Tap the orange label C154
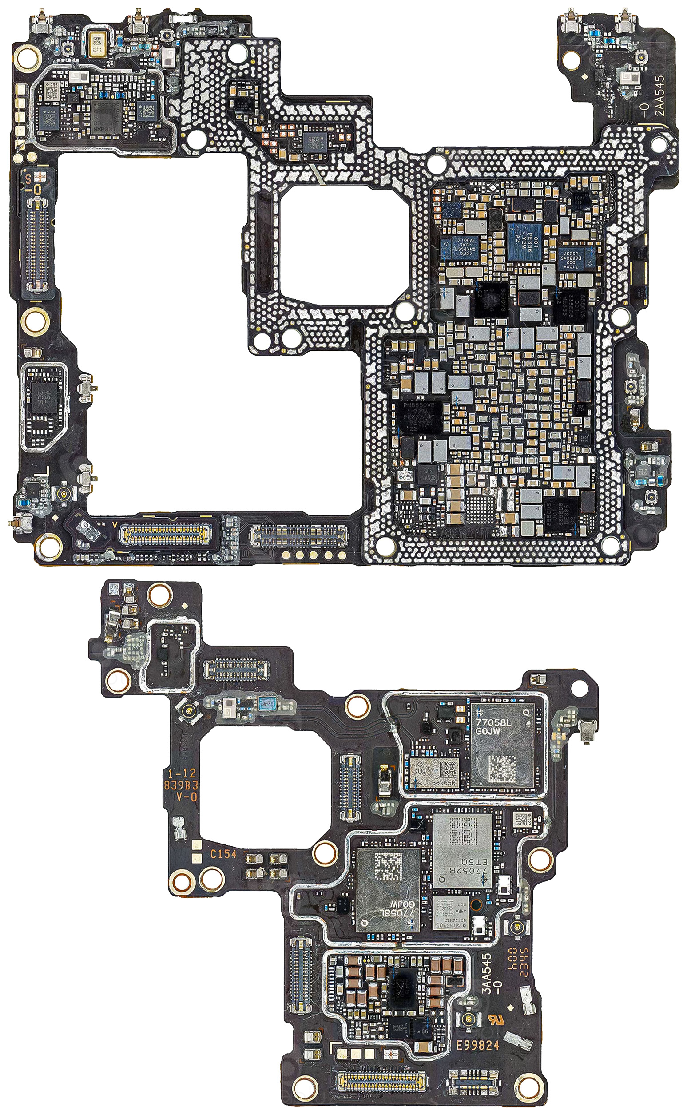click(x=223, y=855)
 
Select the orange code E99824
click(x=477, y=1045)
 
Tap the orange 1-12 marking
click(x=182, y=773)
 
